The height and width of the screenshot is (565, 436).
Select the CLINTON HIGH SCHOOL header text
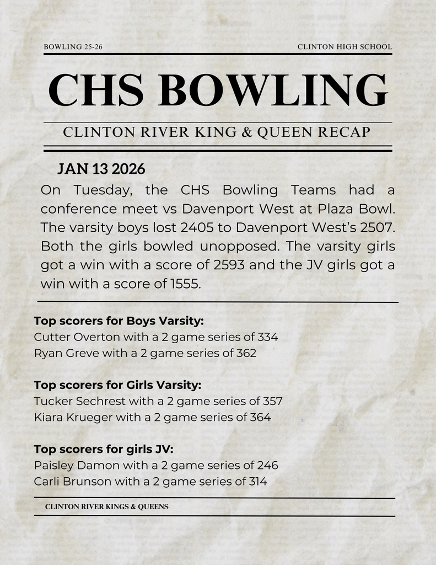(x=345, y=47)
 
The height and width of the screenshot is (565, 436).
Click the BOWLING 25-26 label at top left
(x=73, y=47)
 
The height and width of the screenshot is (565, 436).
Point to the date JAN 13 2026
(x=101, y=169)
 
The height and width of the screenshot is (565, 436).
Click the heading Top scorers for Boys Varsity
(x=119, y=321)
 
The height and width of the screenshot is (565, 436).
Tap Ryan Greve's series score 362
(x=246, y=353)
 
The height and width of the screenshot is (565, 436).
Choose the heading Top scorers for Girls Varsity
(x=117, y=385)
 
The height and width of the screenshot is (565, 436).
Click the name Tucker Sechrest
(x=79, y=401)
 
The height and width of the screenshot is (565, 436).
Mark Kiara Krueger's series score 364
(x=260, y=417)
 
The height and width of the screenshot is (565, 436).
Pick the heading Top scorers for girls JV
(x=104, y=449)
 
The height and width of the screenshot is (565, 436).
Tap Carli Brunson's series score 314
(x=256, y=481)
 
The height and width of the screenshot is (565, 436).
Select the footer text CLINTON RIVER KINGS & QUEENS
(x=107, y=507)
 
